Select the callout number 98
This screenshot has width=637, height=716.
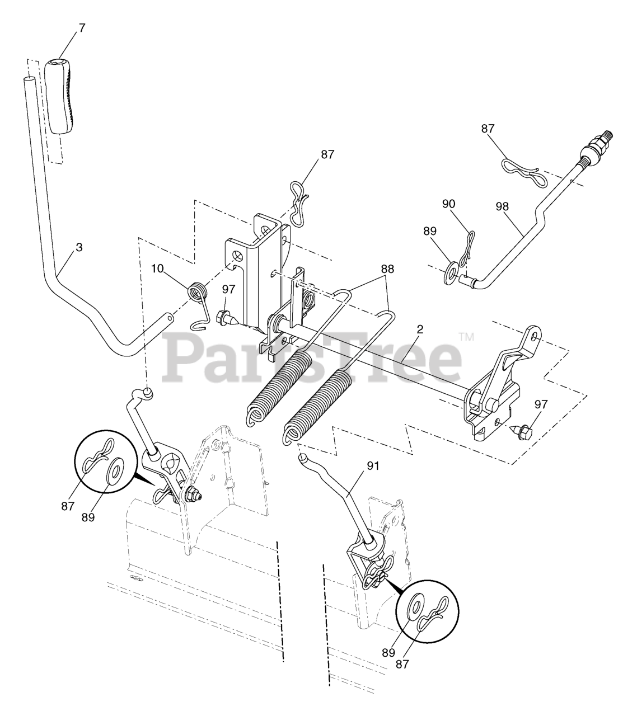(x=502, y=206)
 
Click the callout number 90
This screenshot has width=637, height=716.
(x=449, y=204)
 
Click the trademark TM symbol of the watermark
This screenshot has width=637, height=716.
(x=465, y=337)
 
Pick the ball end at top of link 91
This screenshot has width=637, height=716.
(x=302, y=457)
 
